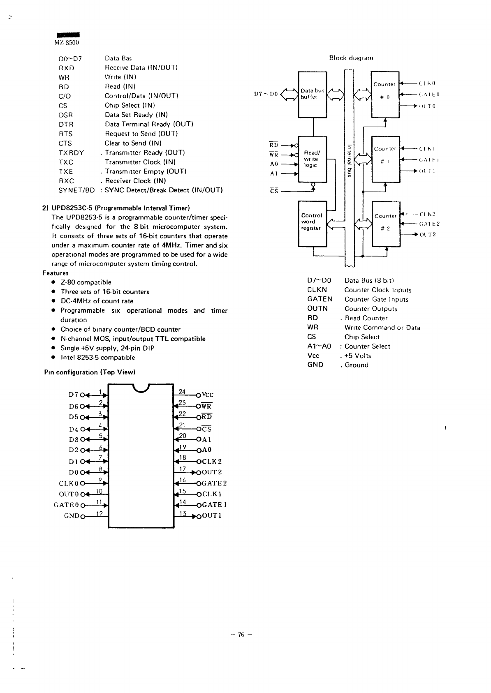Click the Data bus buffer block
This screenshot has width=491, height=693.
(x=312, y=94)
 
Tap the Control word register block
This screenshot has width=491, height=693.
(x=312, y=223)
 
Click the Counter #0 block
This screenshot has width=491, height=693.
(x=385, y=94)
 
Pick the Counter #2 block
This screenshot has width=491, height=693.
(x=386, y=223)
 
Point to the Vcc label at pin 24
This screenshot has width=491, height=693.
(x=208, y=395)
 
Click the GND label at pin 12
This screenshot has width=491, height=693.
(x=72, y=515)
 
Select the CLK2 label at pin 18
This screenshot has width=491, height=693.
(x=212, y=461)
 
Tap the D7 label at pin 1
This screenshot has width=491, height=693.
(x=73, y=395)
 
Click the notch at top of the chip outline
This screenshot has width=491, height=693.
(x=141, y=388)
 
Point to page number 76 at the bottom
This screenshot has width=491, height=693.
(x=241, y=635)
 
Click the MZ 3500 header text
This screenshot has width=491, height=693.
(x=67, y=42)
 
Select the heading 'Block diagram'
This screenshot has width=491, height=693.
(x=351, y=58)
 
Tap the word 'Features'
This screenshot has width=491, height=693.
(x=56, y=273)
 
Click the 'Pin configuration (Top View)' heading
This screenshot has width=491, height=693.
(x=90, y=372)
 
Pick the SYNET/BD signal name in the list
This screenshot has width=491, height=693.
(x=77, y=190)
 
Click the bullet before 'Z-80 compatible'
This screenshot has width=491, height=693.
(x=53, y=282)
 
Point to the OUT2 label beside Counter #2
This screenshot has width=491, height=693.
(x=428, y=234)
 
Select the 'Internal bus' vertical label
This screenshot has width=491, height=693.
(x=348, y=160)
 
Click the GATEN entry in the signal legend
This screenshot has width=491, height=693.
(x=320, y=299)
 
